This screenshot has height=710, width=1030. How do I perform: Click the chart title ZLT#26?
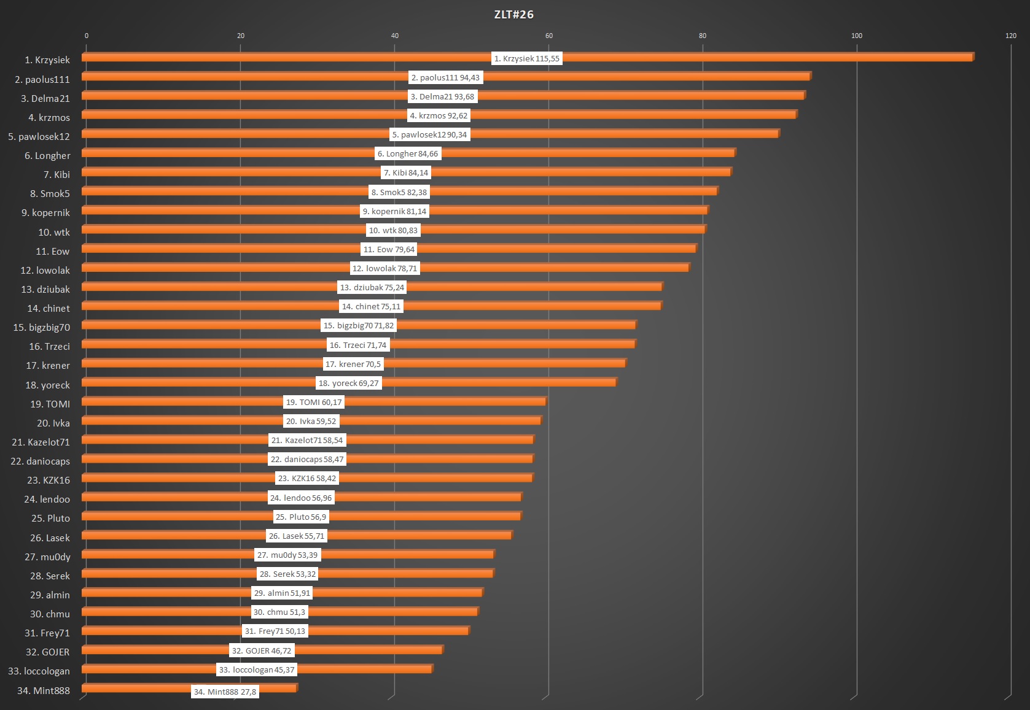point(513,15)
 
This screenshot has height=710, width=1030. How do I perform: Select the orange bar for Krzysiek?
point(737,58)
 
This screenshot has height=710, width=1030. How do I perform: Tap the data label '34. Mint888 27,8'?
point(225,692)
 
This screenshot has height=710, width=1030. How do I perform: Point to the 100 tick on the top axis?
point(856,36)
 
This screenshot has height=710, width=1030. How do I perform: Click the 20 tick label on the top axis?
point(241,36)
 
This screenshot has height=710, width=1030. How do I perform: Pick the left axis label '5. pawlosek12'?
point(39,136)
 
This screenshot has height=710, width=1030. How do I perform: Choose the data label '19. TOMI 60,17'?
point(313,403)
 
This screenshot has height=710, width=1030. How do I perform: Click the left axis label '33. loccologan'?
point(39,671)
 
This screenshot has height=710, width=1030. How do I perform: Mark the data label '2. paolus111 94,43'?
point(445,78)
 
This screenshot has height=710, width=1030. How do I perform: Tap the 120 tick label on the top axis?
point(1010,36)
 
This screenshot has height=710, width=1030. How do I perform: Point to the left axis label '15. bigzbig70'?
point(41,327)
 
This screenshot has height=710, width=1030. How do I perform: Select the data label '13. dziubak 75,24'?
point(372,288)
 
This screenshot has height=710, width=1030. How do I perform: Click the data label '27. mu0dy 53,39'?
point(287,555)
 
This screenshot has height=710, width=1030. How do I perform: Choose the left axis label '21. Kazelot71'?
point(41,442)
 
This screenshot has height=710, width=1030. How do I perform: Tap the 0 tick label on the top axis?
point(87,36)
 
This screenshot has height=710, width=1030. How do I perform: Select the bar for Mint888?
point(135,689)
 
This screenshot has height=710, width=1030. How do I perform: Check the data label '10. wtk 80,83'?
point(393,231)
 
